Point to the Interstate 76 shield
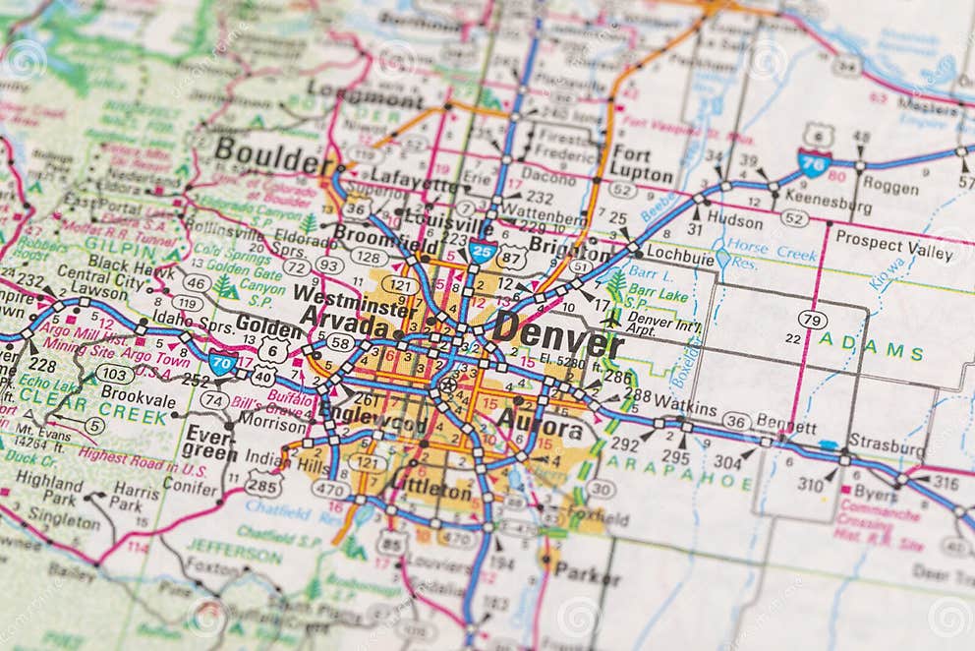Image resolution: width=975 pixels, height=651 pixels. point(814,162)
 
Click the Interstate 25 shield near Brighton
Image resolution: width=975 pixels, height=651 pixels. point(482,253)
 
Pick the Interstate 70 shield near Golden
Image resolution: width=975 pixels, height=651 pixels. point(223,364)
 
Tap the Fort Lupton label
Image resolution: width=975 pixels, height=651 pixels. point(641,165)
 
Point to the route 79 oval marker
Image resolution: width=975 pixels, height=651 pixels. point(812,320)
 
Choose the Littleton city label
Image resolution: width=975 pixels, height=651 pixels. point(430,489)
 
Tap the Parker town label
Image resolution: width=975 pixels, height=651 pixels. point(587,573)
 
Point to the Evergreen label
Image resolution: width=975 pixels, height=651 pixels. point(207,443)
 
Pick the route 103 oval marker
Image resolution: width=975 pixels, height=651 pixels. point(115,374)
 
